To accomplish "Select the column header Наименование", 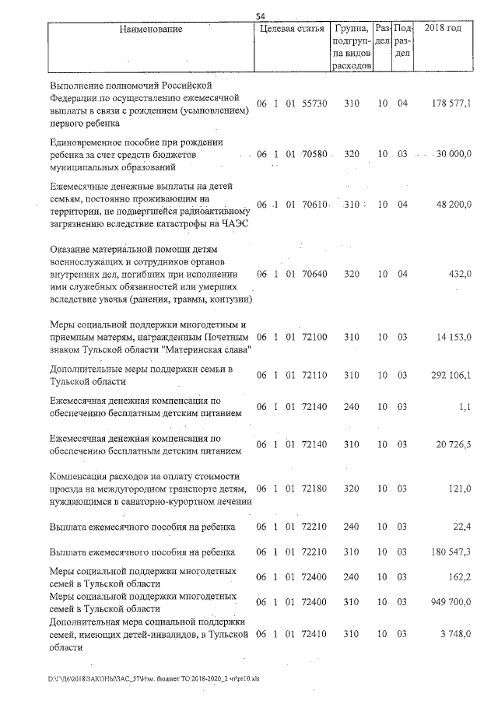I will pos(151,30).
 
